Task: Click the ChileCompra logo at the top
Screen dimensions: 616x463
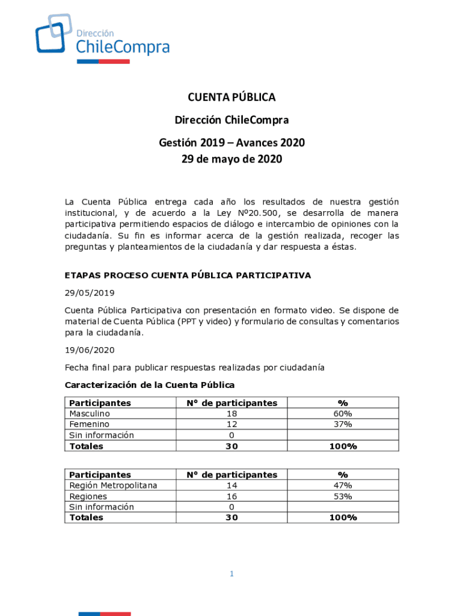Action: (x=102, y=38)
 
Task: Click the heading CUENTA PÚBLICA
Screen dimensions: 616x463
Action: (x=231, y=97)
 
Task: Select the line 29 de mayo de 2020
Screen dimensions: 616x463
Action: (x=231, y=159)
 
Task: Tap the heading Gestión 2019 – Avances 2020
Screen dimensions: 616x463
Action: (x=231, y=143)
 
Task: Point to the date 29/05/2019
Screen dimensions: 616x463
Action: (x=89, y=293)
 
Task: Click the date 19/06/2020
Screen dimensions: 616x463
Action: (x=89, y=350)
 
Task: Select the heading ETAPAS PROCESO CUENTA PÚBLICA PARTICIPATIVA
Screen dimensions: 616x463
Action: (x=188, y=276)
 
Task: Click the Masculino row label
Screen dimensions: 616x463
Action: (x=90, y=414)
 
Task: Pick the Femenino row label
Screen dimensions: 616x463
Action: (x=89, y=425)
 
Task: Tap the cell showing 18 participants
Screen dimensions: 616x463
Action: (x=231, y=414)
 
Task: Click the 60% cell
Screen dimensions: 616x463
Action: (x=343, y=414)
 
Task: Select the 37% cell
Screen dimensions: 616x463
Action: (x=343, y=425)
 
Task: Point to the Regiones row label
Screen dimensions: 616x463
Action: (x=88, y=496)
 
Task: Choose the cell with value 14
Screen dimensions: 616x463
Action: (x=231, y=485)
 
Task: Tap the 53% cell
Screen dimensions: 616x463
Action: (x=343, y=496)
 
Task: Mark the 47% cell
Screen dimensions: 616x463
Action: (x=343, y=485)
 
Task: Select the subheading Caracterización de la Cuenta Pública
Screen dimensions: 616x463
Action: (x=149, y=385)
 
